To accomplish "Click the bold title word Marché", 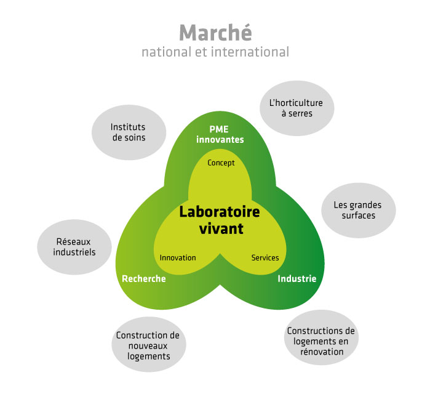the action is point(215,33).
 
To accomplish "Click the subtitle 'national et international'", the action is point(215,52).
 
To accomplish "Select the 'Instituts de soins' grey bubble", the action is point(129,132).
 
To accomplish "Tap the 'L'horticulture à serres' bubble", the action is point(297,108).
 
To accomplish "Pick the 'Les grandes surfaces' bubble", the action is point(359,210).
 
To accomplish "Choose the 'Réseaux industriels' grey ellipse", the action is point(74,247).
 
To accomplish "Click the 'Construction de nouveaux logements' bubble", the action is point(149,344).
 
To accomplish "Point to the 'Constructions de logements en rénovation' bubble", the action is point(321,337).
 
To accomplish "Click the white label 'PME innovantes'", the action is point(220,134).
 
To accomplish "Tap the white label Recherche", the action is point(144,279).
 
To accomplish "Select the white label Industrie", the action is point(297,279).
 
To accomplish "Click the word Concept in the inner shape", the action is point(221,163).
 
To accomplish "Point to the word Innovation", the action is point(178,258).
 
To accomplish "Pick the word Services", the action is point(265,258).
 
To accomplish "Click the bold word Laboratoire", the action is point(220,212).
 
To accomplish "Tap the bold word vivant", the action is point(221,228).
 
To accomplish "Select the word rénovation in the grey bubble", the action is point(322,352).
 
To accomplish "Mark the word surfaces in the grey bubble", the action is point(359,216).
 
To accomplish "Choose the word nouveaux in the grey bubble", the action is point(148,346).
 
